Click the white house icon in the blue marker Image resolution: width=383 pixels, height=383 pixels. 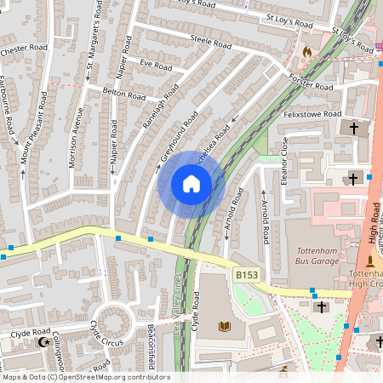pos(191,184)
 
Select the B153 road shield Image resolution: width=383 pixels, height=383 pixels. pos(246,274)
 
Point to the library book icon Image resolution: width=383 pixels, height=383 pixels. pos(225,326)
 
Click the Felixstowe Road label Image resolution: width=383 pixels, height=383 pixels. pos(314,114)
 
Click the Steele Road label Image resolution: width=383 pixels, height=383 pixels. pos(211,41)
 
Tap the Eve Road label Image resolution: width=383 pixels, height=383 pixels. pos(157,66)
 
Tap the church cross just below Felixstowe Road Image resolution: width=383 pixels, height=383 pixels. pos(355,128)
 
